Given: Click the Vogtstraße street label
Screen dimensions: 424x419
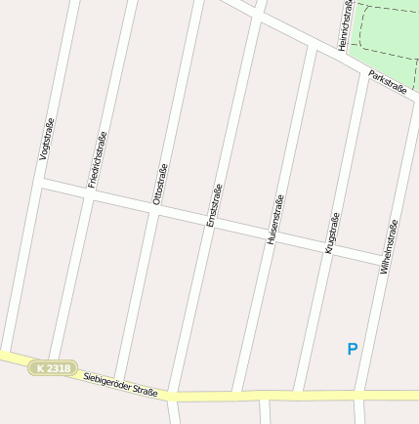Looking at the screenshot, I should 45,139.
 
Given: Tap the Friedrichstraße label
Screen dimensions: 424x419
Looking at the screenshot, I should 96,157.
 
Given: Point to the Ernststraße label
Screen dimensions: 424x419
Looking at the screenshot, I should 215,205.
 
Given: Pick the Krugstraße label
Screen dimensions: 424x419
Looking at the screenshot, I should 331,233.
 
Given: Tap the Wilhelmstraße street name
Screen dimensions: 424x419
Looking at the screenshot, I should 390,246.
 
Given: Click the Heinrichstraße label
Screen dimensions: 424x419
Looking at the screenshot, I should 345,24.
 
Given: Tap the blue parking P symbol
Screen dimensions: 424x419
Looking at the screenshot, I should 353,349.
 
